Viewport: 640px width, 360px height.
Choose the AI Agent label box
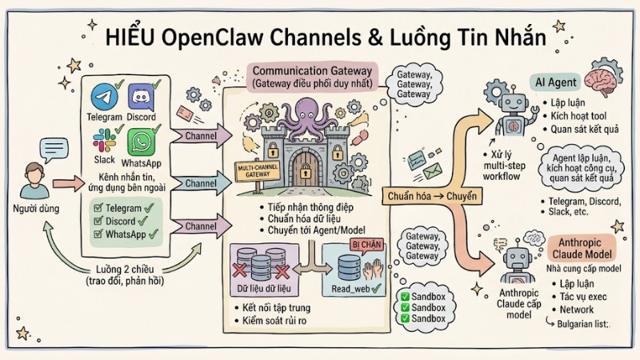click(x=557, y=82)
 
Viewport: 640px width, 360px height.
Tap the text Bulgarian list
click(x=579, y=324)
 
